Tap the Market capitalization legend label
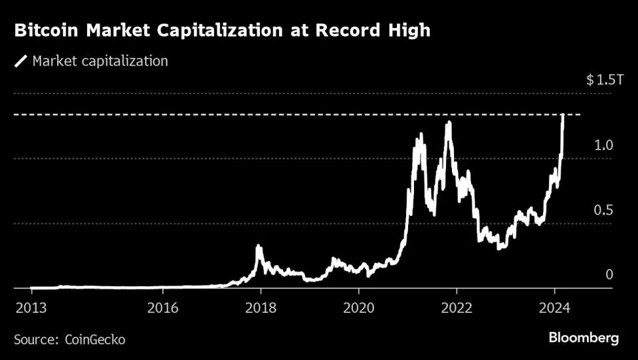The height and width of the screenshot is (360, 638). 100,62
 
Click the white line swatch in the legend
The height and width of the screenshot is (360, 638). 21,62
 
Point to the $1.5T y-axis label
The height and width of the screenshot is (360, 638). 605,80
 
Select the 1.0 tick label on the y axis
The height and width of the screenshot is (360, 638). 603,145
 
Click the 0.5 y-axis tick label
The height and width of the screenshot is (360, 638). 603,211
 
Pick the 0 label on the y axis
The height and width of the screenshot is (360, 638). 607,275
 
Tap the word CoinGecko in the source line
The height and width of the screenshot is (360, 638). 94,339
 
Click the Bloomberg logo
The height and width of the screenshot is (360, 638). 584,338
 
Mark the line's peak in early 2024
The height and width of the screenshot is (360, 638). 564,116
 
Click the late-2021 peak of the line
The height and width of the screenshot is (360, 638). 449,123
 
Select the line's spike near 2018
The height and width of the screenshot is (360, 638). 259,247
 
